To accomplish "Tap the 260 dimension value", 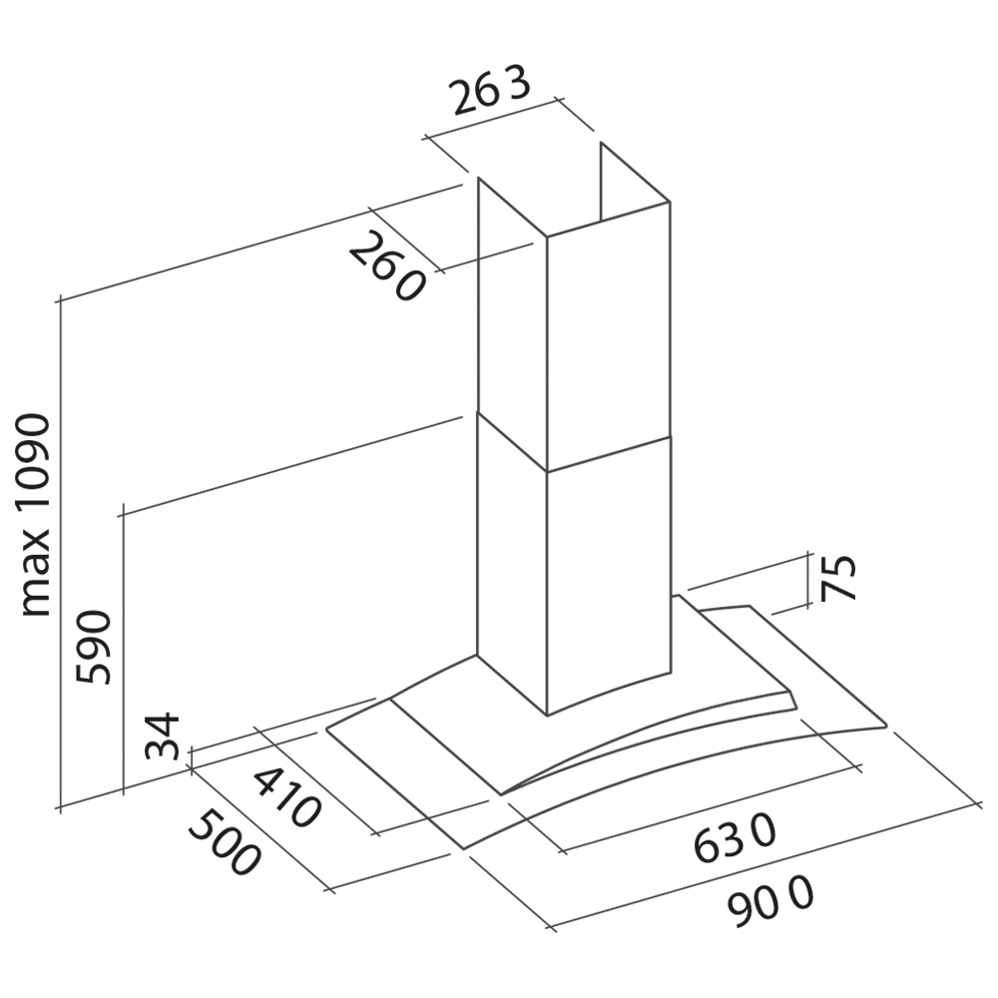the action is (385, 267).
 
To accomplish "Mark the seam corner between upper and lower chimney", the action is (546, 472).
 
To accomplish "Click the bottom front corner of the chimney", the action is (547, 716).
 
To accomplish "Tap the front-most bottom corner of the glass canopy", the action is (464, 848).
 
